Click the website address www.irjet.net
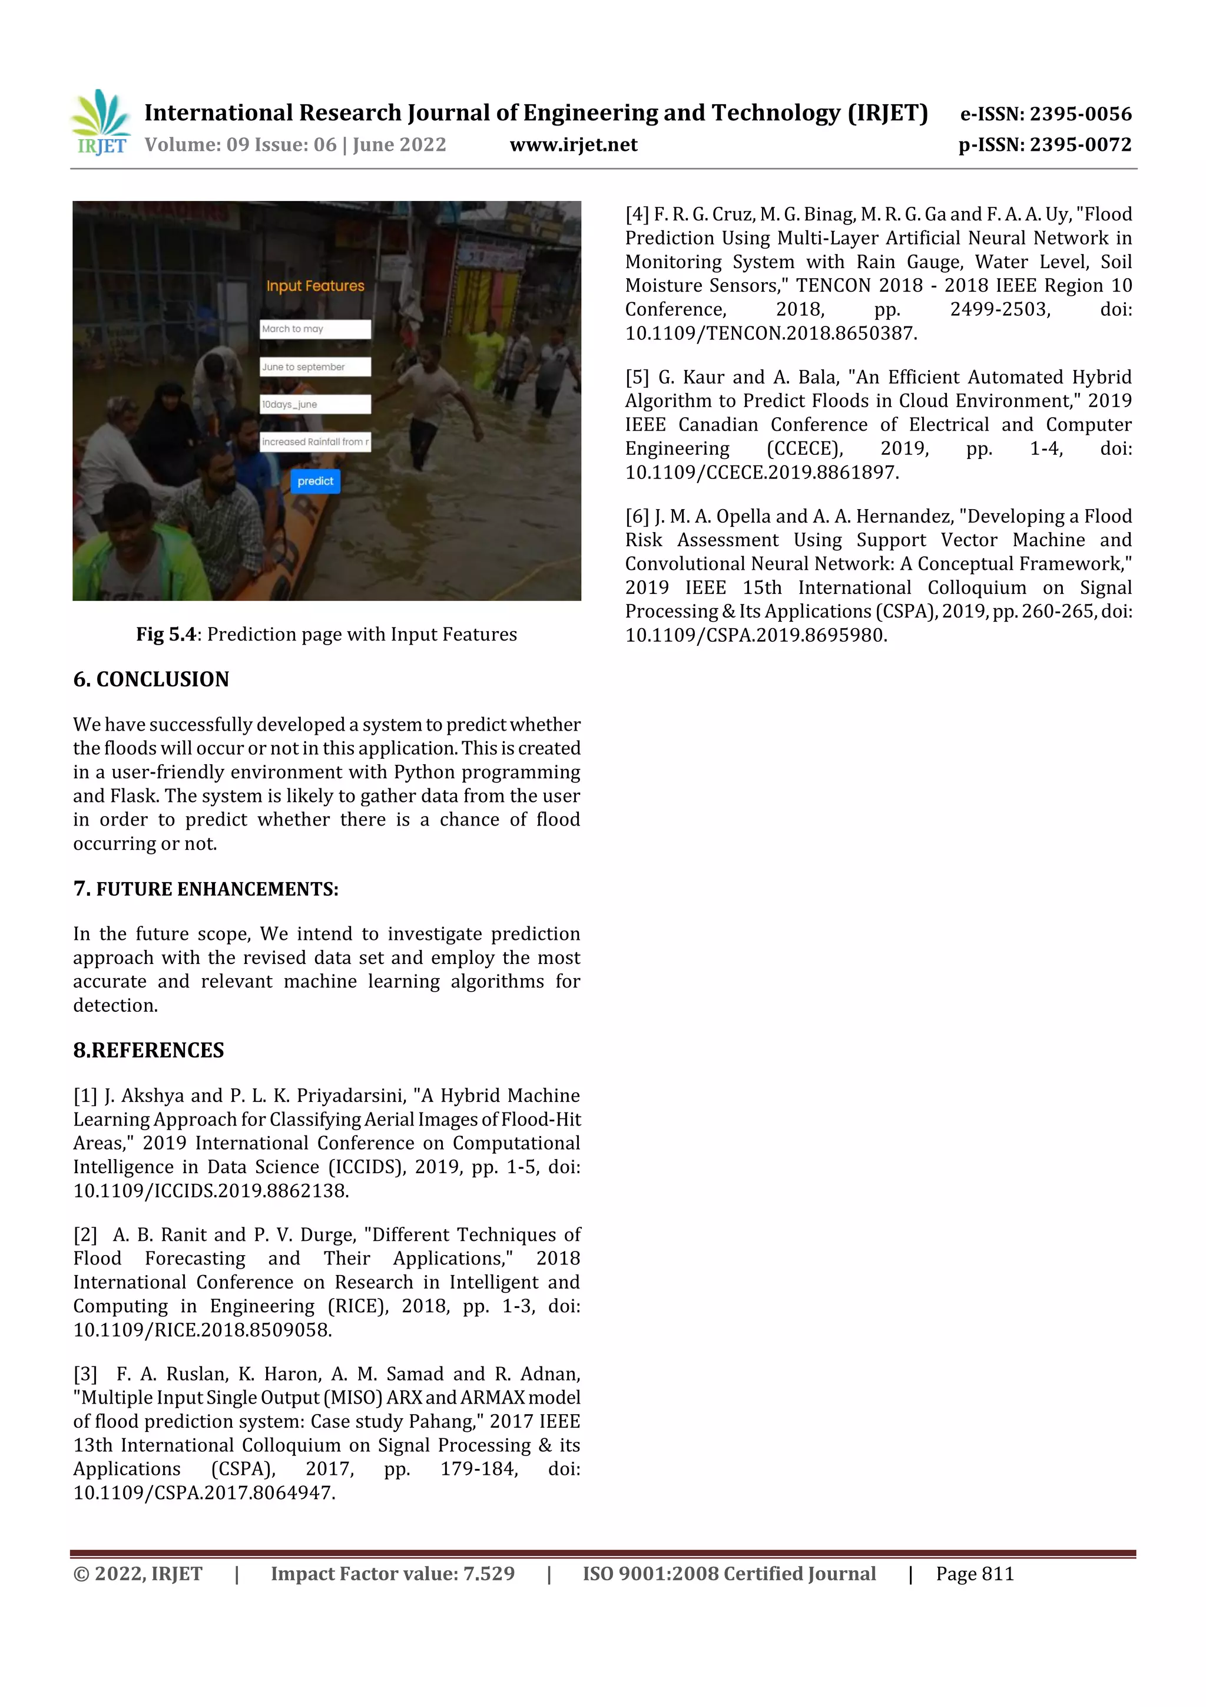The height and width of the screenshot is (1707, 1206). (573, 144)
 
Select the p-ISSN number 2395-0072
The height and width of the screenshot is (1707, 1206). (1079, 144)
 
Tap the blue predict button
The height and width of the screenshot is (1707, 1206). (315, 481)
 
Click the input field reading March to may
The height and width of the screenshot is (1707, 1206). (315, 329)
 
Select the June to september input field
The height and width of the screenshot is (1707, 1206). (315, 367)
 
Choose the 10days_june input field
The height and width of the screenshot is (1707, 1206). (315, 404)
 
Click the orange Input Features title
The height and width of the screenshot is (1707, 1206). (315, 286)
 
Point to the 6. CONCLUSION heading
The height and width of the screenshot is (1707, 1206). (151, 679)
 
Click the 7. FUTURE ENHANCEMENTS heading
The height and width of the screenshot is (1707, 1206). (206, 889)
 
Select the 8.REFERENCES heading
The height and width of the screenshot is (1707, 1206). (148, 1050)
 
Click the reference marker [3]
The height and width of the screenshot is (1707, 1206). (85, 1374)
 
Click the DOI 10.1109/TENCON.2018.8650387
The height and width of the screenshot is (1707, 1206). (771, 333)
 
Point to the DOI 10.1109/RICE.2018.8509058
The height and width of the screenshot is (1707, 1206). (202, 1330)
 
